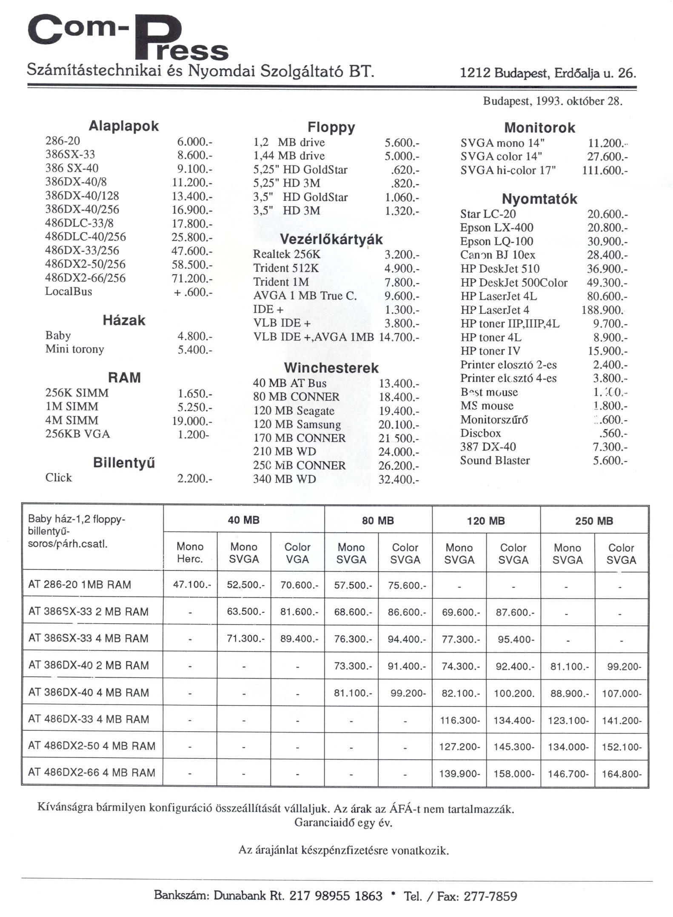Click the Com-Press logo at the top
click(x=128, y=37)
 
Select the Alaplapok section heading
click(x=123, y=126)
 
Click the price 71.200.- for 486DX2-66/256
click(x=191, y=278)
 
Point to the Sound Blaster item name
click(x=495, y=460)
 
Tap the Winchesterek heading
click(x=331, y=368)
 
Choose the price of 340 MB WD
click(x=399, y=480)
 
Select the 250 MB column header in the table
click(x=594, y=521)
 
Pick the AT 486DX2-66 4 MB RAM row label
click(x=92, y=772)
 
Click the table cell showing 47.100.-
click(x=190, y=585)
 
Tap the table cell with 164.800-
click(x=621, y=774)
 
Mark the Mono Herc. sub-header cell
click(x=190, y=553)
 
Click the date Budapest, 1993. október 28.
click(x=553, y=102)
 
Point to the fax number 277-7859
click(x=490, y=896)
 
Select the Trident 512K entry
click(x=286, y=268)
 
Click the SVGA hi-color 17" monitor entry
click(x=508, y=170)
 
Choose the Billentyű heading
click(x=124, y=463)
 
